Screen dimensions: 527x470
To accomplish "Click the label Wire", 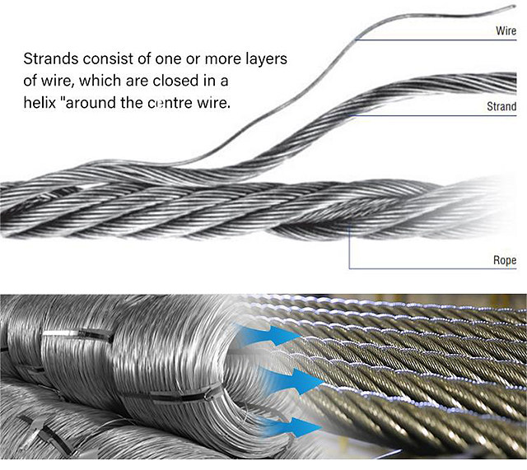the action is click(506, 30).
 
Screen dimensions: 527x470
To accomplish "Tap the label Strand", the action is click(501, 106).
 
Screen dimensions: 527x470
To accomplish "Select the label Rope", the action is click(505, 260).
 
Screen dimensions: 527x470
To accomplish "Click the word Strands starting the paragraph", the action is click(51, 58).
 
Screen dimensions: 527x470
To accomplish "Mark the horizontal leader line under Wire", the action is click(436, 40).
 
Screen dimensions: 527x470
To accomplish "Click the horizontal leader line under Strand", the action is click(433, 116).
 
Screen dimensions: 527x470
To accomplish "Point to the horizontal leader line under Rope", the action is click(432, 269).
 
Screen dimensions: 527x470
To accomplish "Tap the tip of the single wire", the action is click(515, 6).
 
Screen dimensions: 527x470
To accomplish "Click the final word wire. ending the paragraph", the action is click(214, 103).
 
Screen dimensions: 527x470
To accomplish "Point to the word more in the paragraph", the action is click(222, 59).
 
